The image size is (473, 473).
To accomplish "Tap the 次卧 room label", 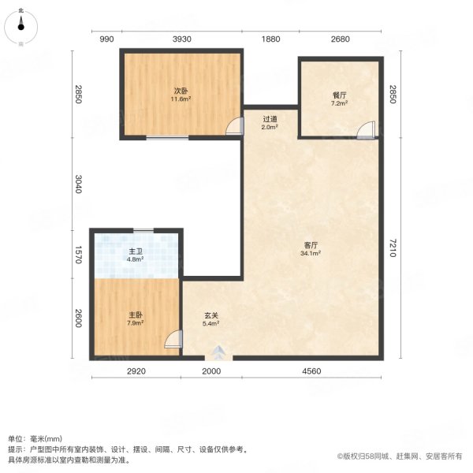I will (x=181, y=90).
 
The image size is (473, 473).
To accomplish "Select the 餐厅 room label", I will (x=339, y=95).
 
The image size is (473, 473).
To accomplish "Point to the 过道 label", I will (x=270, y=119).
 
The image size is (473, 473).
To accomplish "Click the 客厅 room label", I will (x=311, y=244).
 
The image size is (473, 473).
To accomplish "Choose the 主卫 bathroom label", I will (x=134, y=253).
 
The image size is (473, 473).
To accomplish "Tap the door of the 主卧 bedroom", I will (x=174, y=341).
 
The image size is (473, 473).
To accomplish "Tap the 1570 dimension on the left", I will (x=77, y=254).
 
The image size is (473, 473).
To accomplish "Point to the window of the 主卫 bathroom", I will (x=143, y=230).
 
